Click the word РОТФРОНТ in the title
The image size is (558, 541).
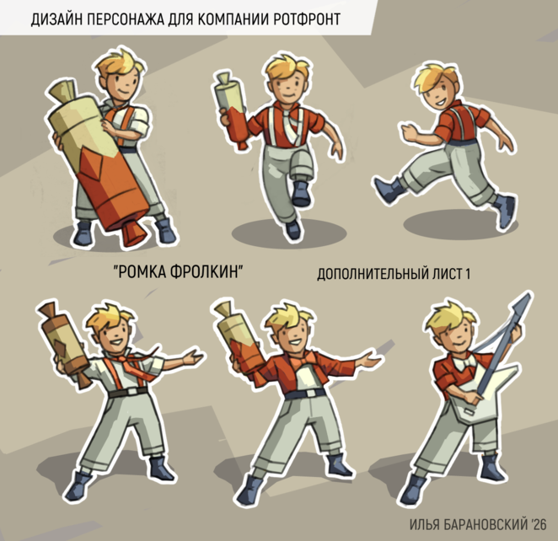(x=307, y=19)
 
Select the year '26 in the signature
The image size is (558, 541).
(x=538, y=524)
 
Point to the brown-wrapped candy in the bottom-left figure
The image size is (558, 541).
(x=62, y=343)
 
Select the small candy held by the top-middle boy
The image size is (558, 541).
(x=232, y=110)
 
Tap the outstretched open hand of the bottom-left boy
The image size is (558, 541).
(x=192, y=357)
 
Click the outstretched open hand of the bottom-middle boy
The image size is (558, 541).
(x=370, y=360)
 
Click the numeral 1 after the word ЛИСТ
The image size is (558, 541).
(x=467, y=274)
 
